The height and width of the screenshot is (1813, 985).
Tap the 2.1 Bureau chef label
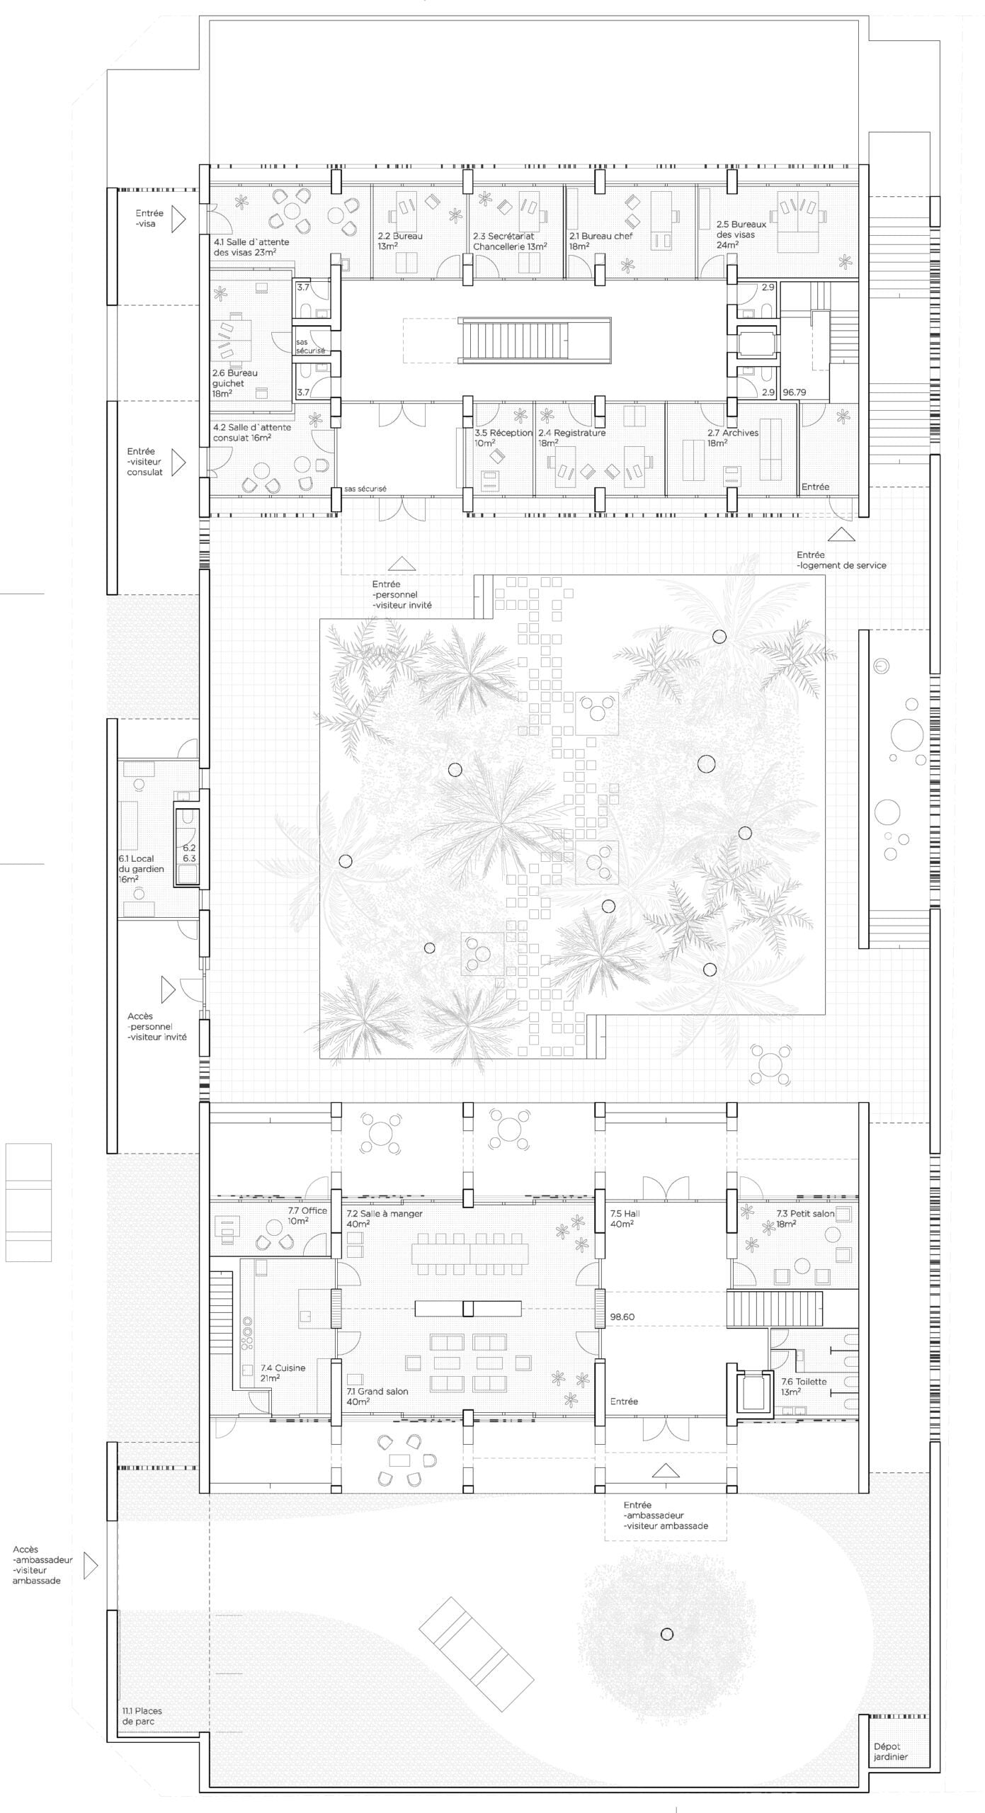[x=600, y=241]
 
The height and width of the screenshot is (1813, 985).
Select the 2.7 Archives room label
[x=732, y=438]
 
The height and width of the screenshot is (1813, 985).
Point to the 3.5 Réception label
[x=503, y=438]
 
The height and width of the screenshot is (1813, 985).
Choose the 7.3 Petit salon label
[x=805, y=1218]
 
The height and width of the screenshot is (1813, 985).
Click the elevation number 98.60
[x=622, y=1317]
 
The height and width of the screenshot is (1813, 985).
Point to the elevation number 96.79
[x=795, y=392]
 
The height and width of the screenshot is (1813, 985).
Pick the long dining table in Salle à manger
[x=470, y=1255]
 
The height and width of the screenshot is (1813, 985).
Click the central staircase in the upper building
[x=535, y=341]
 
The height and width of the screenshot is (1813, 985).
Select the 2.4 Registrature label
[x=571, y=438]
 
